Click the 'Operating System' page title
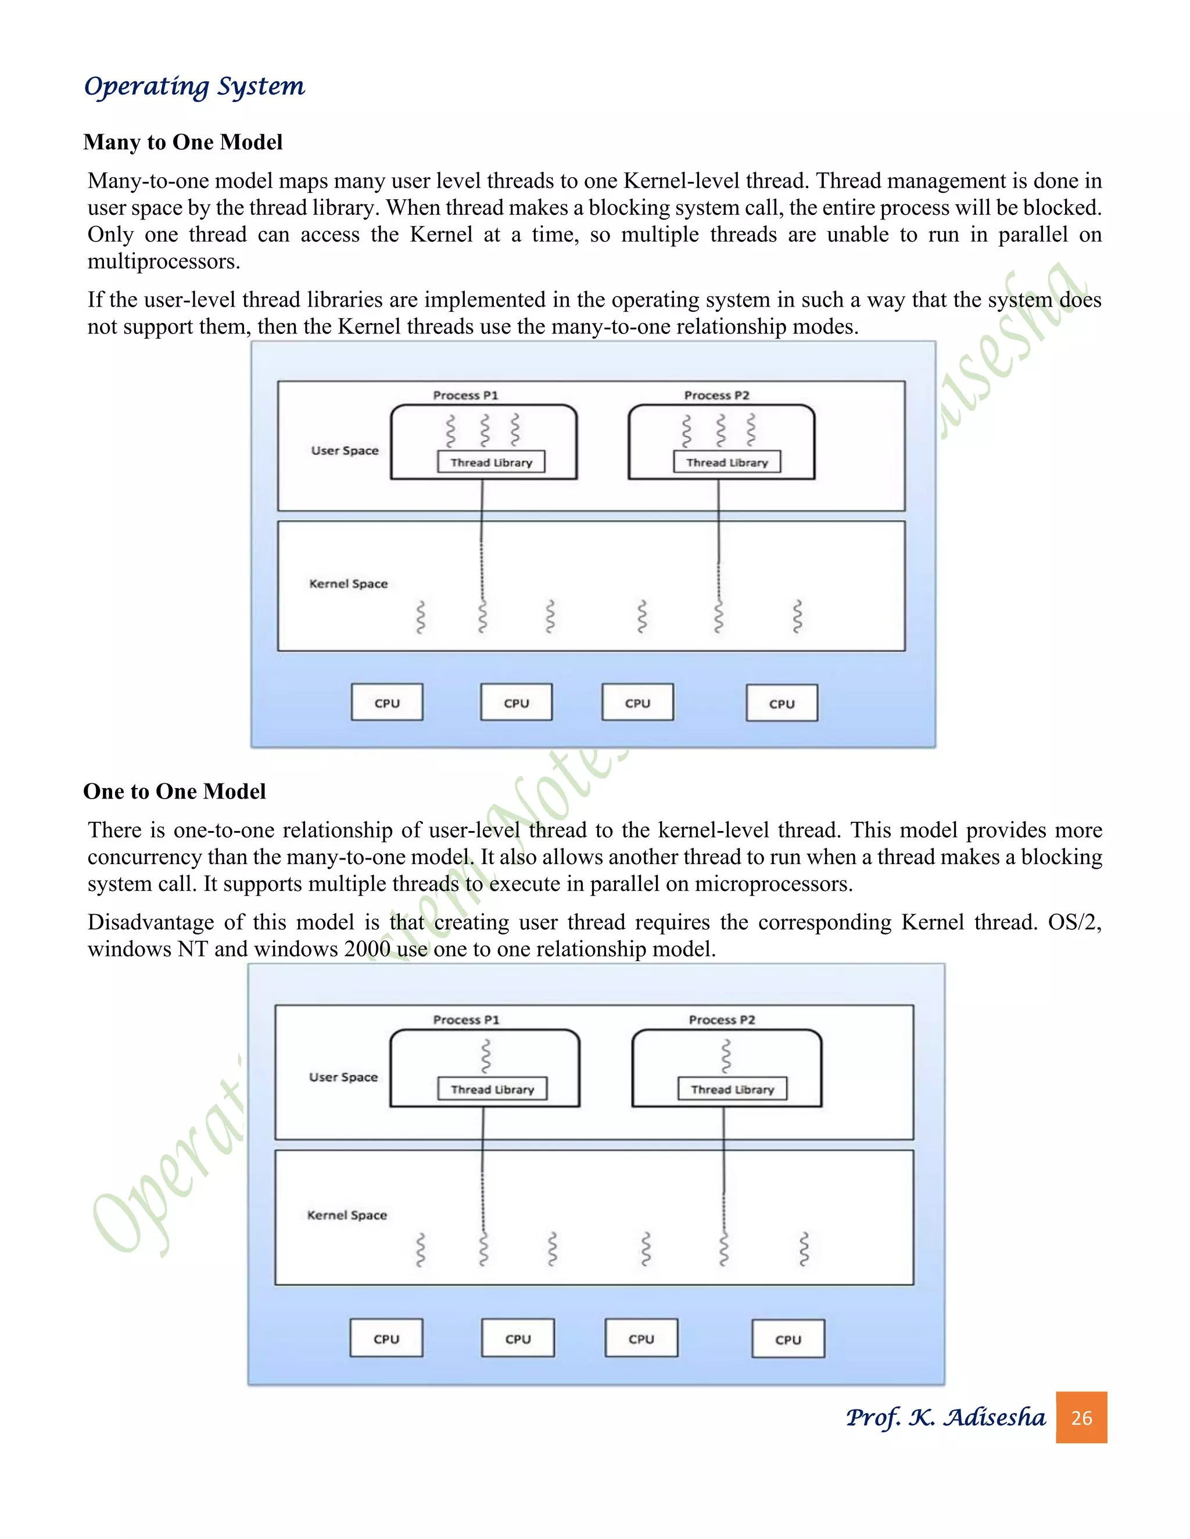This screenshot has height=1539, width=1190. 194,87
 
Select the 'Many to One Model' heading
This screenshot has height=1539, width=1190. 182,142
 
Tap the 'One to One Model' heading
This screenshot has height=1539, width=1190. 174,792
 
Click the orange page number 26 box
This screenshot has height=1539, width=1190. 1081,1417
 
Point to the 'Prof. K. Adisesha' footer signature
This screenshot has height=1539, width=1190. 945,1417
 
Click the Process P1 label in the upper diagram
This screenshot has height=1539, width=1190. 465,395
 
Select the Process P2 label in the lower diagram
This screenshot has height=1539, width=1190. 721,1020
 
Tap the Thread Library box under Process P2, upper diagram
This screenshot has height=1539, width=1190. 727,462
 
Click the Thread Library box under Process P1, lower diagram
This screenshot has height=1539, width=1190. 492,1089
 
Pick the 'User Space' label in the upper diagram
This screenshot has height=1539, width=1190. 345,450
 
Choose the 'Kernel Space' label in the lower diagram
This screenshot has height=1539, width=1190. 347,1215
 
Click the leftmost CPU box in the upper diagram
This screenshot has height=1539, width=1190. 387,703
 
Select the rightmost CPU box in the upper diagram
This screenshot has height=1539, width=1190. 782,703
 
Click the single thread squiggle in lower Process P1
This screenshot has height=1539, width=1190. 485,1056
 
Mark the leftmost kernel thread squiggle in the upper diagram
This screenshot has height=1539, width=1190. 420,617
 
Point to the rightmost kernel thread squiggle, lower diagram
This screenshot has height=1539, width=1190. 804,1249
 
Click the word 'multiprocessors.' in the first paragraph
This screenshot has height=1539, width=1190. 163,261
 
